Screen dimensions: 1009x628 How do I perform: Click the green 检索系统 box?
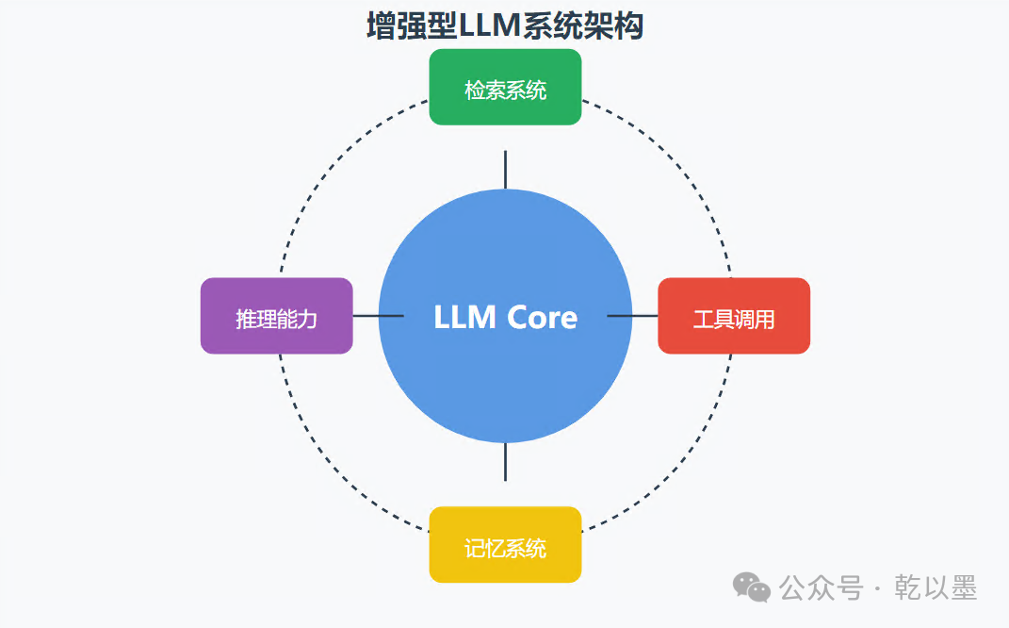[505, 87]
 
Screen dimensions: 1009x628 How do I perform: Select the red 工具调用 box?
[734, 316]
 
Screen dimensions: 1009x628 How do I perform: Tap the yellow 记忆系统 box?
[505, 544]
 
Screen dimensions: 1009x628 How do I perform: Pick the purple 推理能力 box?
[277, 316]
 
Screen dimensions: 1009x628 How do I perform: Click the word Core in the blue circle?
[542, 317]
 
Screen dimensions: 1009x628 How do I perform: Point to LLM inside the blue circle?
[464, 317]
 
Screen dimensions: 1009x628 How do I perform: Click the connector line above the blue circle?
[505, 170]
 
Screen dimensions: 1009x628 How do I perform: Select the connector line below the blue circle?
[505, 462]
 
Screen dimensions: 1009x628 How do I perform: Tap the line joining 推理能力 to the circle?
[379, 316]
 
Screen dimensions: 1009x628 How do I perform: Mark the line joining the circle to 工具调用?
[632, 316]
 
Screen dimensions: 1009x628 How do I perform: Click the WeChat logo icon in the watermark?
[751, 587]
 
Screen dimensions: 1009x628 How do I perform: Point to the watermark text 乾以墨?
[936, 587]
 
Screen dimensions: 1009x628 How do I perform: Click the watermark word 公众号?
[821, 587]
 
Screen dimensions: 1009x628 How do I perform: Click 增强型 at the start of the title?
[412, 26]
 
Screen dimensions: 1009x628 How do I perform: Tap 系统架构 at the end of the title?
[582, 26]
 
